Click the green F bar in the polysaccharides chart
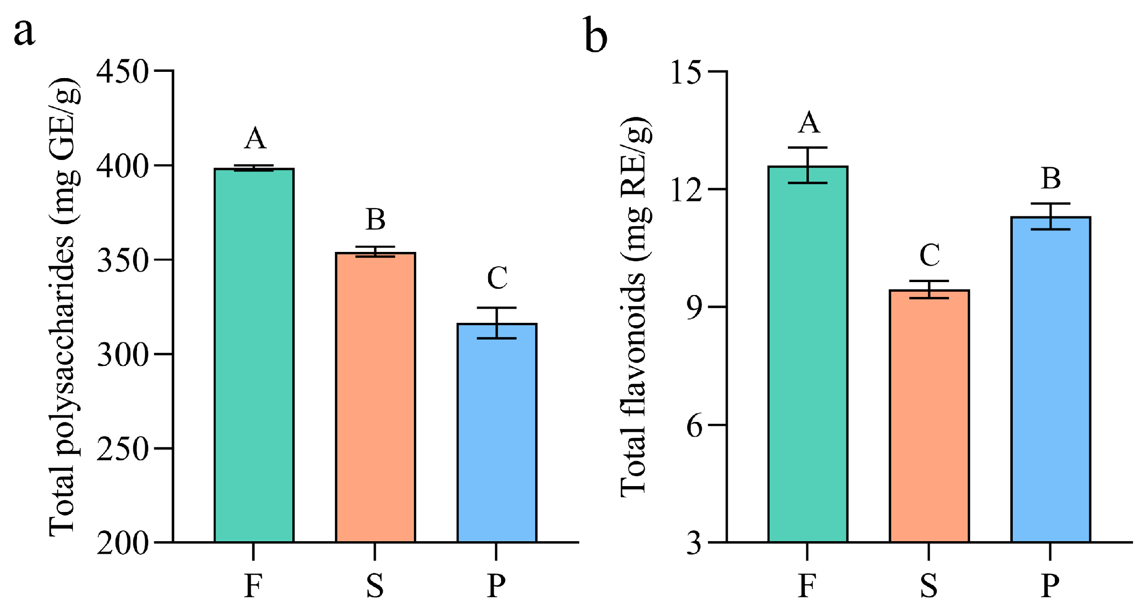[254, 354]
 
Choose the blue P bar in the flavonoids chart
[1051, 379]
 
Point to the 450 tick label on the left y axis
[122, 72]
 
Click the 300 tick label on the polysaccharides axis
[122, 355]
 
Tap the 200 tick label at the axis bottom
[122, 544]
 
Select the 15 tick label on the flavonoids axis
[686, 73]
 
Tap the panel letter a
[24, 33]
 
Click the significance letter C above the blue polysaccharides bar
[497, 278]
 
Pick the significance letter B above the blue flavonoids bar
[1051, 179]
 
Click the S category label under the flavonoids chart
[928, 585]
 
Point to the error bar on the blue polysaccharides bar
[497, 323]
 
